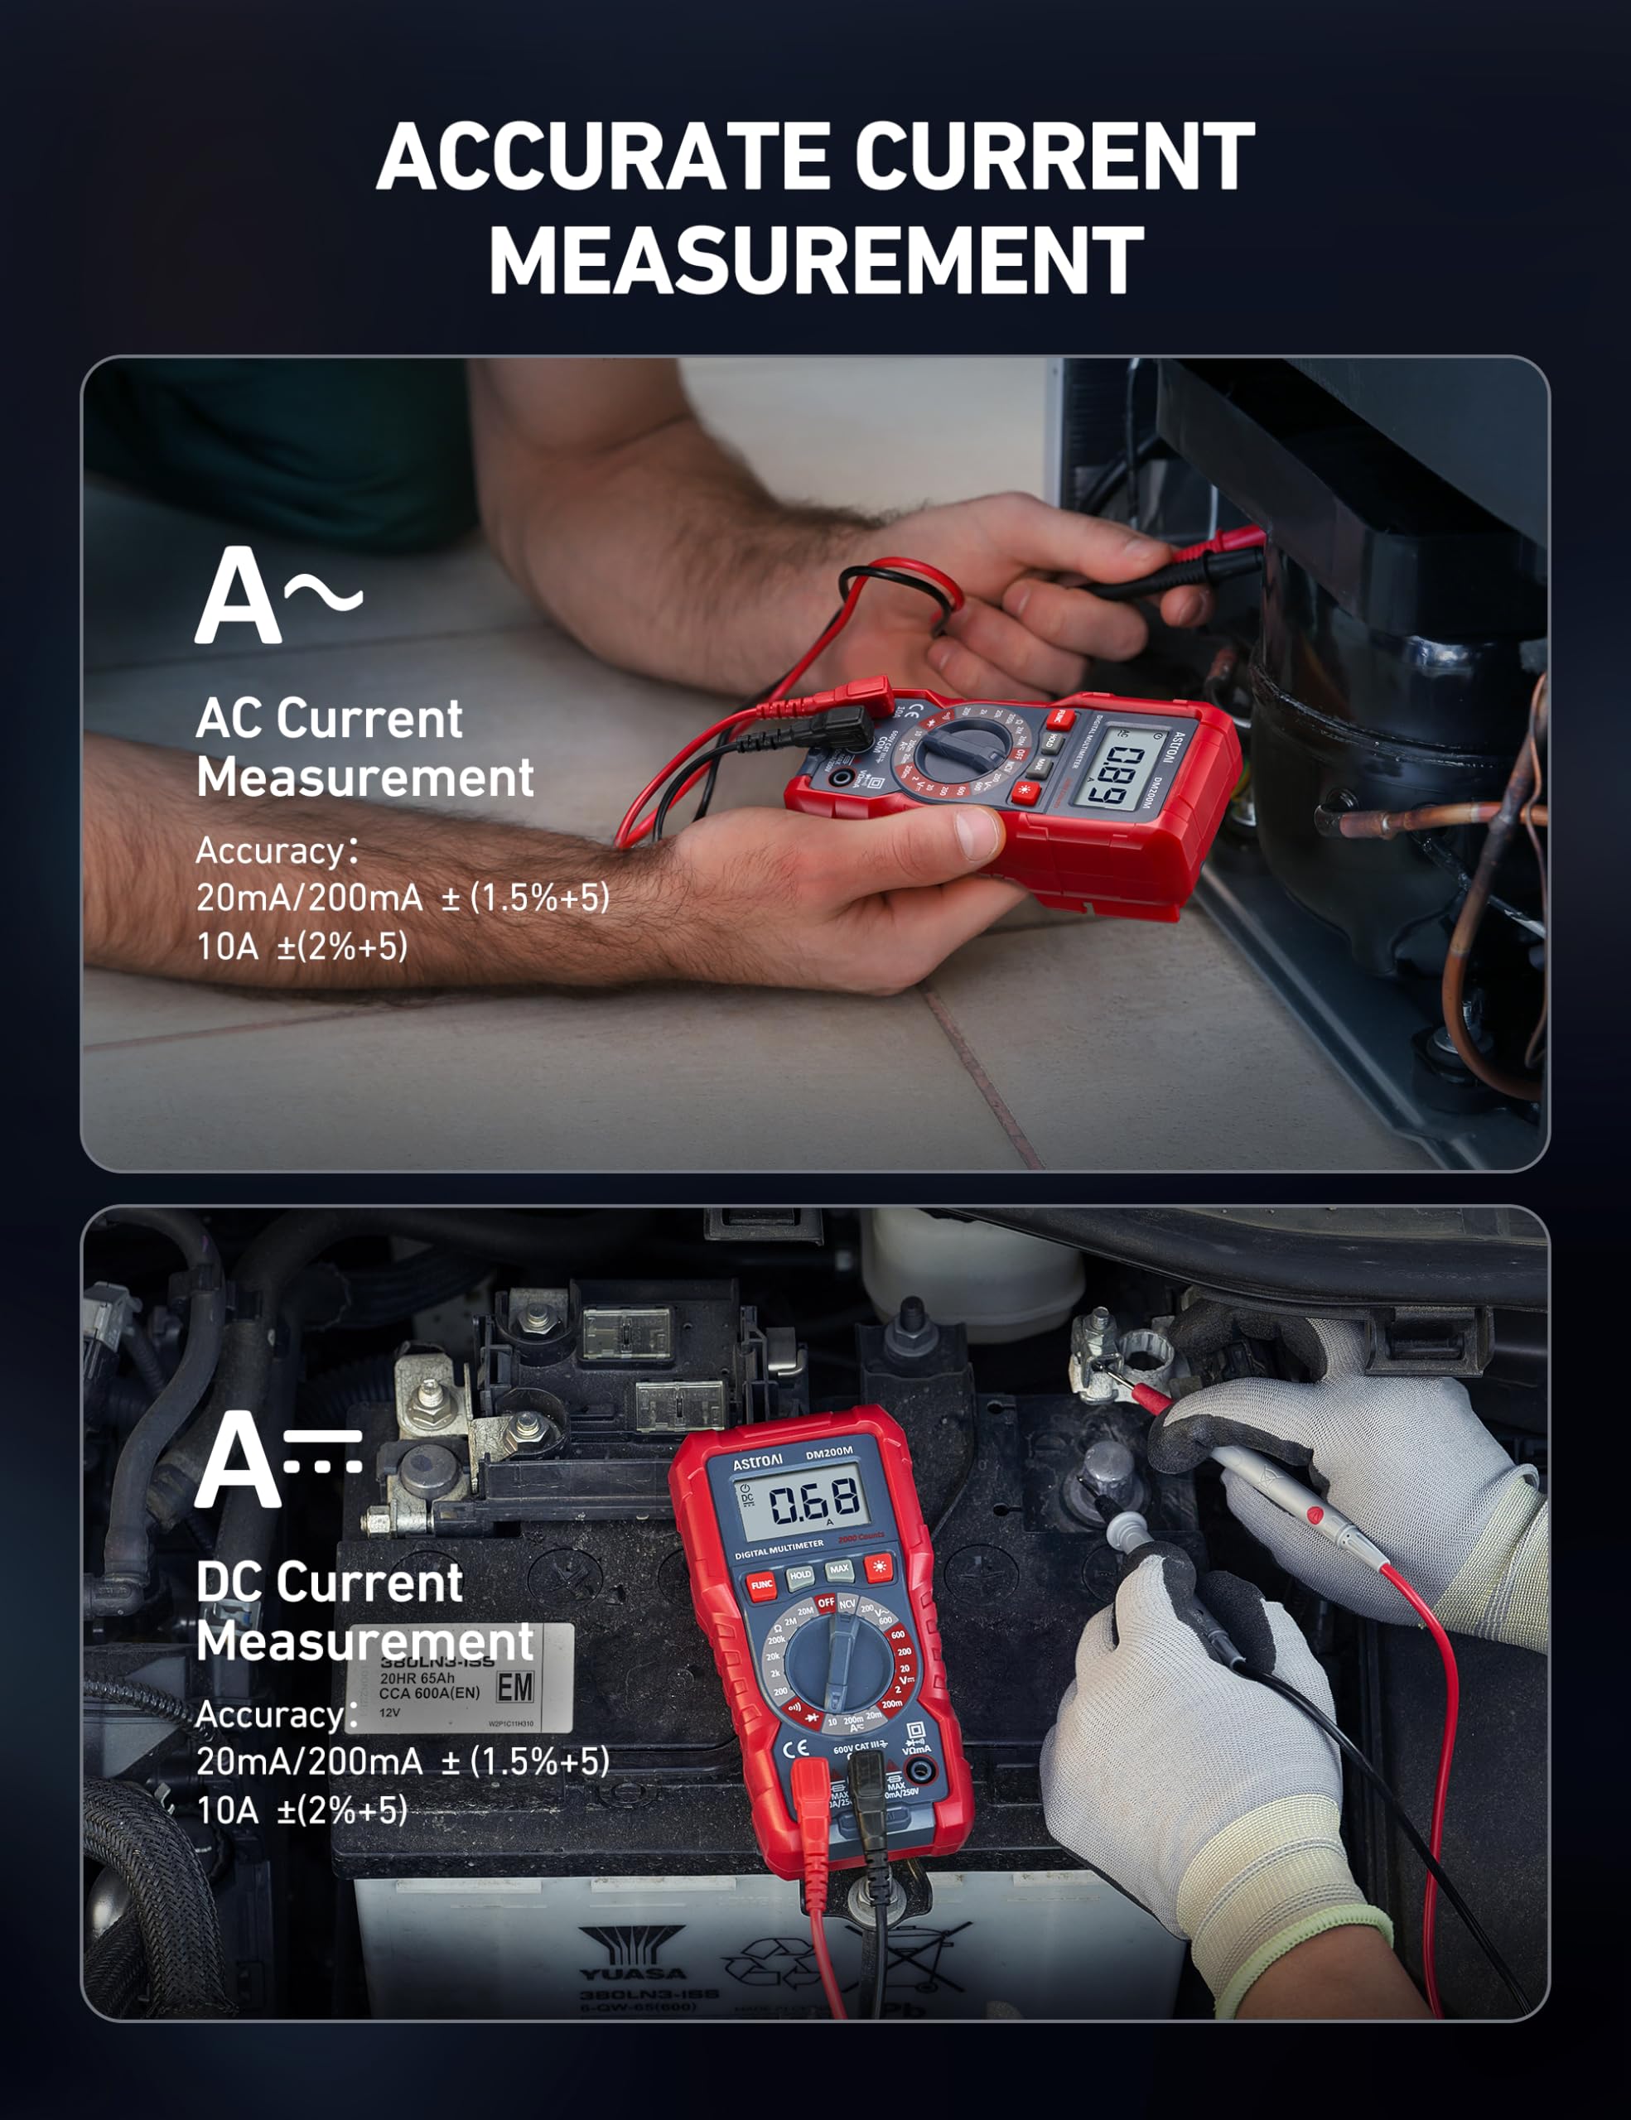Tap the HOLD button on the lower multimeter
(x=800, y=1577)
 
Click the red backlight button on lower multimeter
(x=880, y=1566)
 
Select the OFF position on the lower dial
(x=825, y=1602)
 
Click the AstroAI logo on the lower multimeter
(x=757, y=1461)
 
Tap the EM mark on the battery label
(x=514, y=1687)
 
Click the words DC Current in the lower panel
(x=329, y=1583)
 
